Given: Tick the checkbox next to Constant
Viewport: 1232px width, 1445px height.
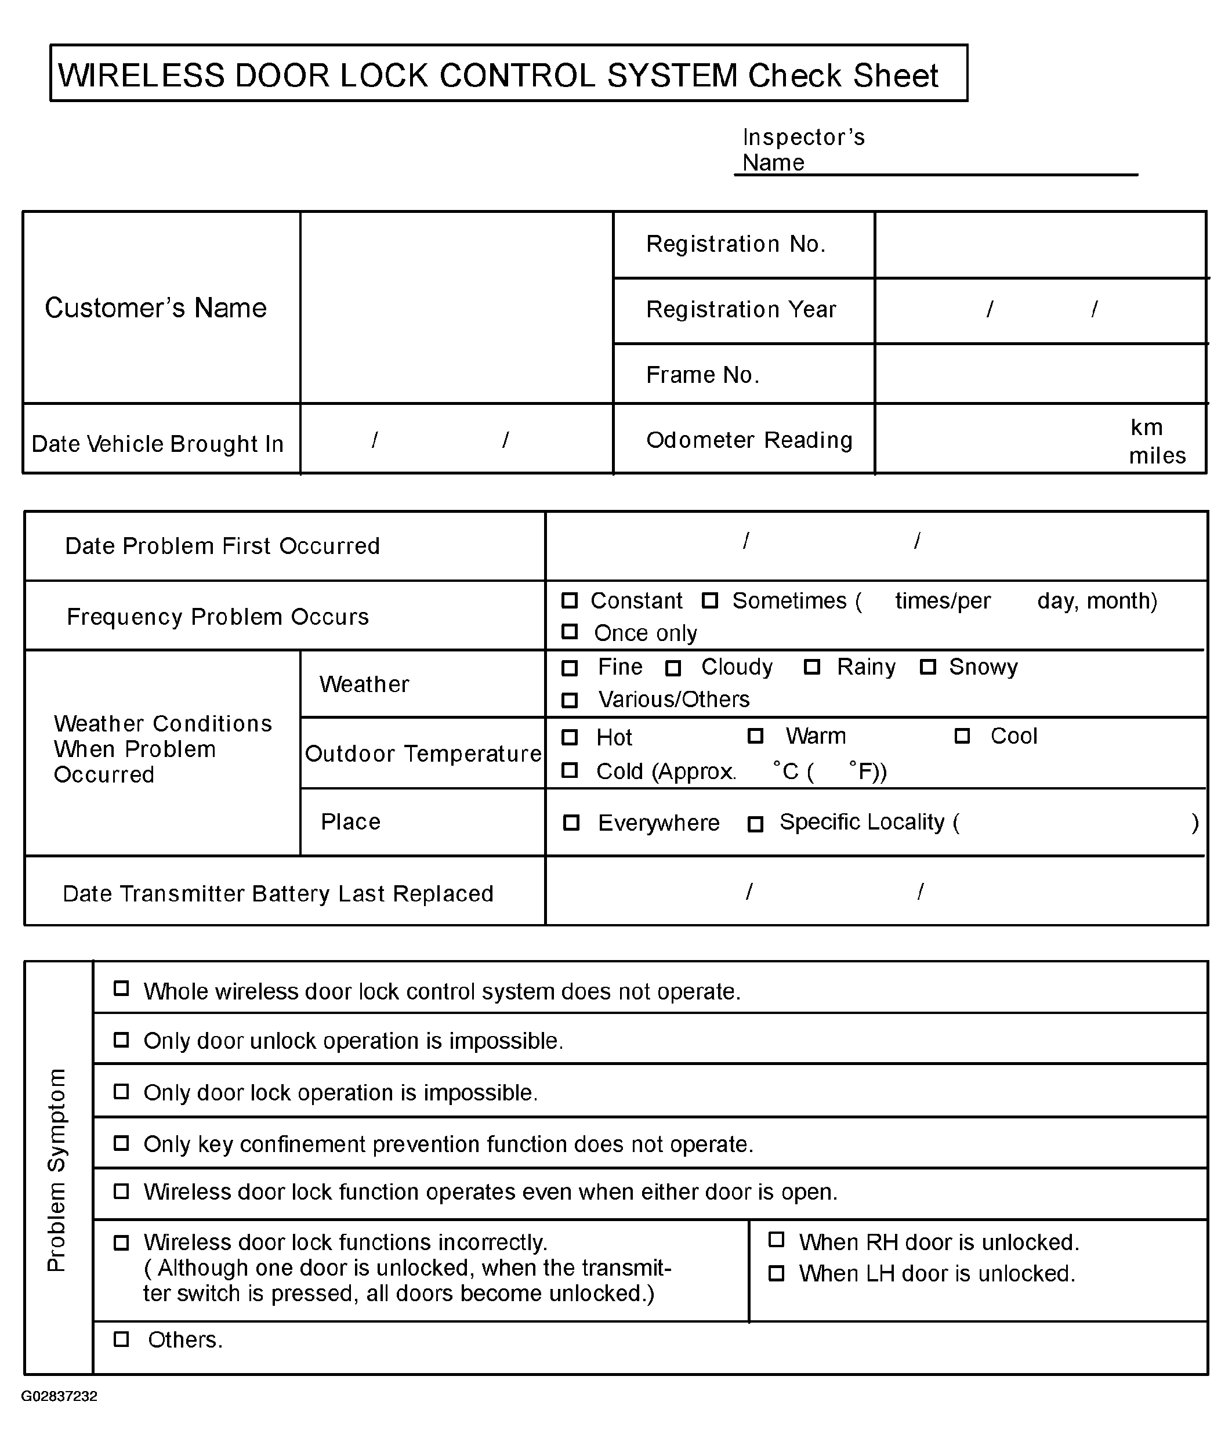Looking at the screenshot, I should tap(570, 600).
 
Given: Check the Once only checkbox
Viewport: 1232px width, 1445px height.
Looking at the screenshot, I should tap(570, 632).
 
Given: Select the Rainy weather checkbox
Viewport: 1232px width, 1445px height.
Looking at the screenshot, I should tap(811, 667).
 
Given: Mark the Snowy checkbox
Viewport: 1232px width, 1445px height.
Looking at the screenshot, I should tap(927, 667).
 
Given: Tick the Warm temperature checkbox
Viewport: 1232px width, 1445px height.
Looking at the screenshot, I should tap(755, 736).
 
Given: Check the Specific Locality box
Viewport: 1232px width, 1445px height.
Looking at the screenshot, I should tap(755, 824).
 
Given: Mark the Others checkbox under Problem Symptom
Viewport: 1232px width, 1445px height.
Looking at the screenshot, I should tap(121, 1339).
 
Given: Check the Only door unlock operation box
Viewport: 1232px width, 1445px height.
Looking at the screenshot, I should tap(121, 1040).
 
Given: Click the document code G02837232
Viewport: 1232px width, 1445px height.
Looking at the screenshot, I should tap(59, 1396).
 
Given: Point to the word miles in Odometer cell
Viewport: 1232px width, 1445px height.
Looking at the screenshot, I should tap(1157, 456).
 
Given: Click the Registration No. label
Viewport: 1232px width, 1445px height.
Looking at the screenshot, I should tap(735, 244).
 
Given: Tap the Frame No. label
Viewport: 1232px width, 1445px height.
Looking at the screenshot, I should tap(702, 375).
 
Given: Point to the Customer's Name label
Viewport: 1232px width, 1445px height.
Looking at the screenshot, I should tap(155, 307).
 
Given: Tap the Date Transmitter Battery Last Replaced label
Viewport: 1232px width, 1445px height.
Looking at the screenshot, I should tap(277, 893).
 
